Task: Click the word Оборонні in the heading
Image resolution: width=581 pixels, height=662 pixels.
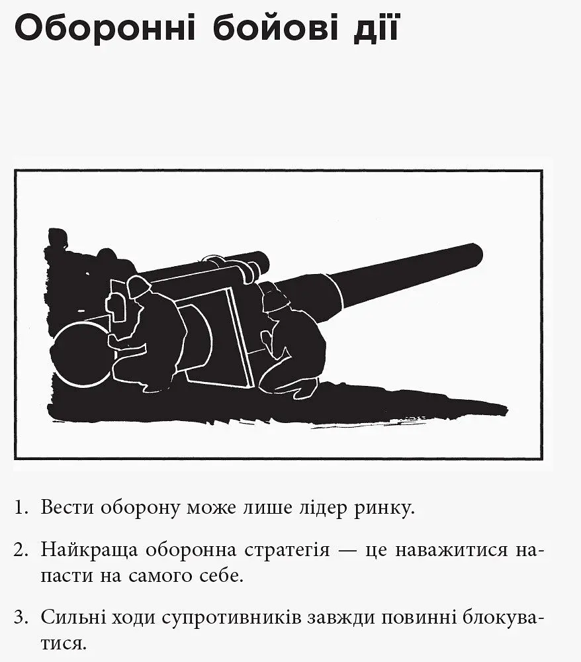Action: pos(105,28)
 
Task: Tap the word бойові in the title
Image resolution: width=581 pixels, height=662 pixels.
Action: pos(275,28)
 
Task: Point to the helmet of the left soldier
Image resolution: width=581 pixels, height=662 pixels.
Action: pos(139,285)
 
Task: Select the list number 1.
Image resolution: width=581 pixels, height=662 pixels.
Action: pos(21,507)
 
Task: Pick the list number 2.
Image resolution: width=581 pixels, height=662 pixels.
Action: pos(21,549)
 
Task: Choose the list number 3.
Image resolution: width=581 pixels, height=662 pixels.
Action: pos(21,618)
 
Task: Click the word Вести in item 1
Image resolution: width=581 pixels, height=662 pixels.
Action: pos(67,507)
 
